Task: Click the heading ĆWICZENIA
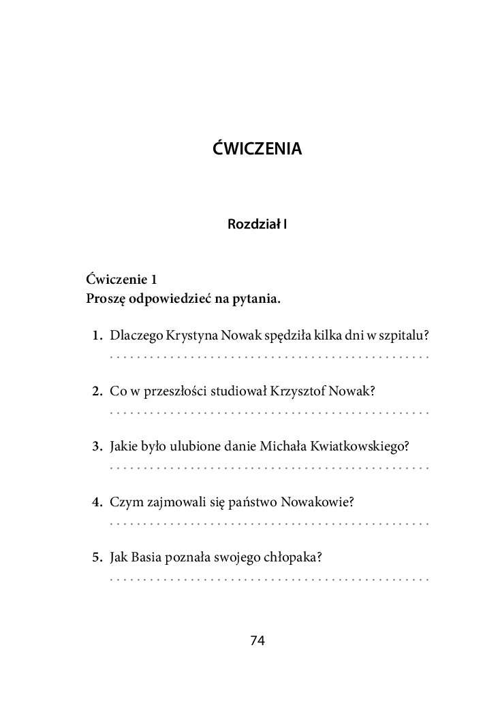pyautogui.click(x=257, y=148)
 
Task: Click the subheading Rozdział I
pyautogui.click(x=257, y=223)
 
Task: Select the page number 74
pyautogui.click(x=258, y=640)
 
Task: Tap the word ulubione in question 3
pyautogui.click(x=200, y=446)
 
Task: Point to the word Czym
pyautogui.click(x=123, y=502)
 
